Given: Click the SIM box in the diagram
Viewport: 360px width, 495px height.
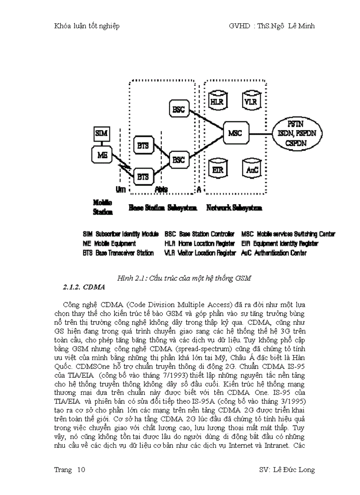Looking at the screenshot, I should point(101,133).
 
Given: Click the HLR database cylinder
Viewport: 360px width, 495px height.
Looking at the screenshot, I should point(217,101).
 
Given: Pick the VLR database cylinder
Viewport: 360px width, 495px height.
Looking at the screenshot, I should point(250,101).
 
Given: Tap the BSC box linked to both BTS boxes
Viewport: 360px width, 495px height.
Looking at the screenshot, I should point(178,159).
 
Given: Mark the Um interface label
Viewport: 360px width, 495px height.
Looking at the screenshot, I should point(121,189).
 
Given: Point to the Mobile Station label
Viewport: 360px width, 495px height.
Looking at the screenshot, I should point(102,207).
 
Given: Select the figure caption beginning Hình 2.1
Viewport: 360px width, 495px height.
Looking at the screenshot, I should point(184,278).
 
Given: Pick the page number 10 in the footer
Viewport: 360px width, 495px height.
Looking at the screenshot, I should point(81,470).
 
